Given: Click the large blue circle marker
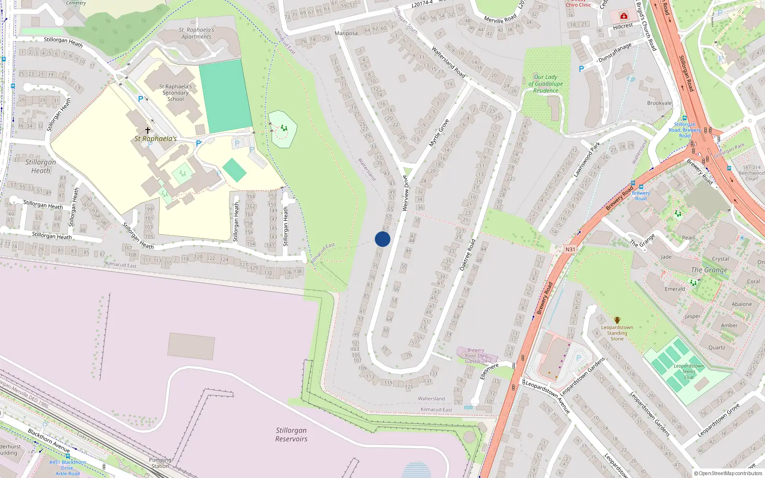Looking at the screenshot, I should point(382,239).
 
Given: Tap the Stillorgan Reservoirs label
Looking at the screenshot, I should point(291,435).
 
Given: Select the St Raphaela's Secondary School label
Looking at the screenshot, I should point(175,93).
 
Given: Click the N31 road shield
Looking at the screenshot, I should point(570,250).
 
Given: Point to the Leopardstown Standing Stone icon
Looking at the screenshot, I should point(617,320).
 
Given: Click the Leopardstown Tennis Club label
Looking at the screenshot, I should point(688,371).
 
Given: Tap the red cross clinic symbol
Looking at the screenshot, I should point(623,16).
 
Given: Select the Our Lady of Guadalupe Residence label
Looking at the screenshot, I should point(546,84).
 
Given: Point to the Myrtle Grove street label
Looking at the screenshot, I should point(439,133).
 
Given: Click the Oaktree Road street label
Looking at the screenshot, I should point(468,255).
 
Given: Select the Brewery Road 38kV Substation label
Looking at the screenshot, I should point(476,356).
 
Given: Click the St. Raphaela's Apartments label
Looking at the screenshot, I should point(196,33).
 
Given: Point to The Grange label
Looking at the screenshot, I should point(709,270).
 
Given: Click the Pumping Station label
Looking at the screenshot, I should point(160,463).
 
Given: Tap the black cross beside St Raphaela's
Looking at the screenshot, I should point(148,130).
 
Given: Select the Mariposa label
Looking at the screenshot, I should point(346,33).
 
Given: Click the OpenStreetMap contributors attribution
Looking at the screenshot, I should point(728,473).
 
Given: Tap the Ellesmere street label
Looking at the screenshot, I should point(489,371).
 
